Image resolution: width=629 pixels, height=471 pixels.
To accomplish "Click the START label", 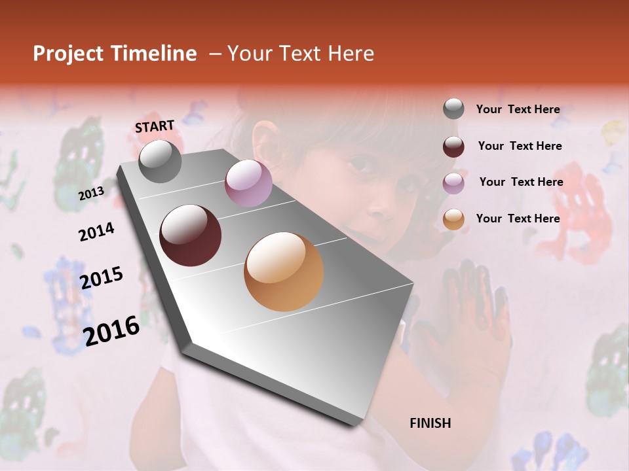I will pos(155,126).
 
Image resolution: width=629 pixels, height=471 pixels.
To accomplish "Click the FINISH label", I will pos(430,423).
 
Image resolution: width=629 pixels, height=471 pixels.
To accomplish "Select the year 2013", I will pos(91,193).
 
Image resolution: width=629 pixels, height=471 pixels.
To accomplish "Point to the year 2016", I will pos(111,330).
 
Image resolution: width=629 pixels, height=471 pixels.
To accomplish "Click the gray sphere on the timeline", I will pos(160,162).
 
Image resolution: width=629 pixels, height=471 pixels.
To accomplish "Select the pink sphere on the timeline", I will pos(248,183).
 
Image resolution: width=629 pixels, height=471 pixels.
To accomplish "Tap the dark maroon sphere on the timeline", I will pos(191,235).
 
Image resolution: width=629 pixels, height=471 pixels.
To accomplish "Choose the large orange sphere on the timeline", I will pos(284,271).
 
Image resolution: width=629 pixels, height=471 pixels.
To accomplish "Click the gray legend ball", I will pos(453,109).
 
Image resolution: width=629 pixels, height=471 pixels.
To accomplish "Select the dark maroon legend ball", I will pos(453,147).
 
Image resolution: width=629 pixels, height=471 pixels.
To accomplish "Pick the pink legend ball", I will pos(453,183).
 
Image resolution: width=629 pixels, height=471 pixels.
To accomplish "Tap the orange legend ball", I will pos(453,220).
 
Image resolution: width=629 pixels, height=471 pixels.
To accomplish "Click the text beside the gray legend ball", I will pos(518,109).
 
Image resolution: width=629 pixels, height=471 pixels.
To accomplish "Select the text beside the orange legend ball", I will pos(518,218).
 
